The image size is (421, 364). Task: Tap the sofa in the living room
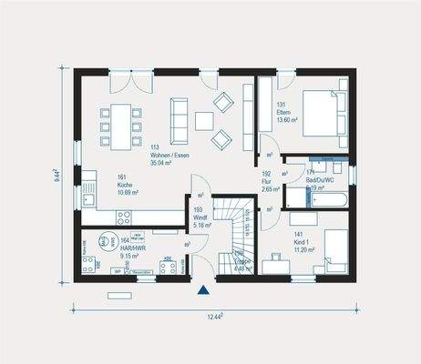click(179, 122)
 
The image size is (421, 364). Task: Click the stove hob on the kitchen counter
click(124, 215)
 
